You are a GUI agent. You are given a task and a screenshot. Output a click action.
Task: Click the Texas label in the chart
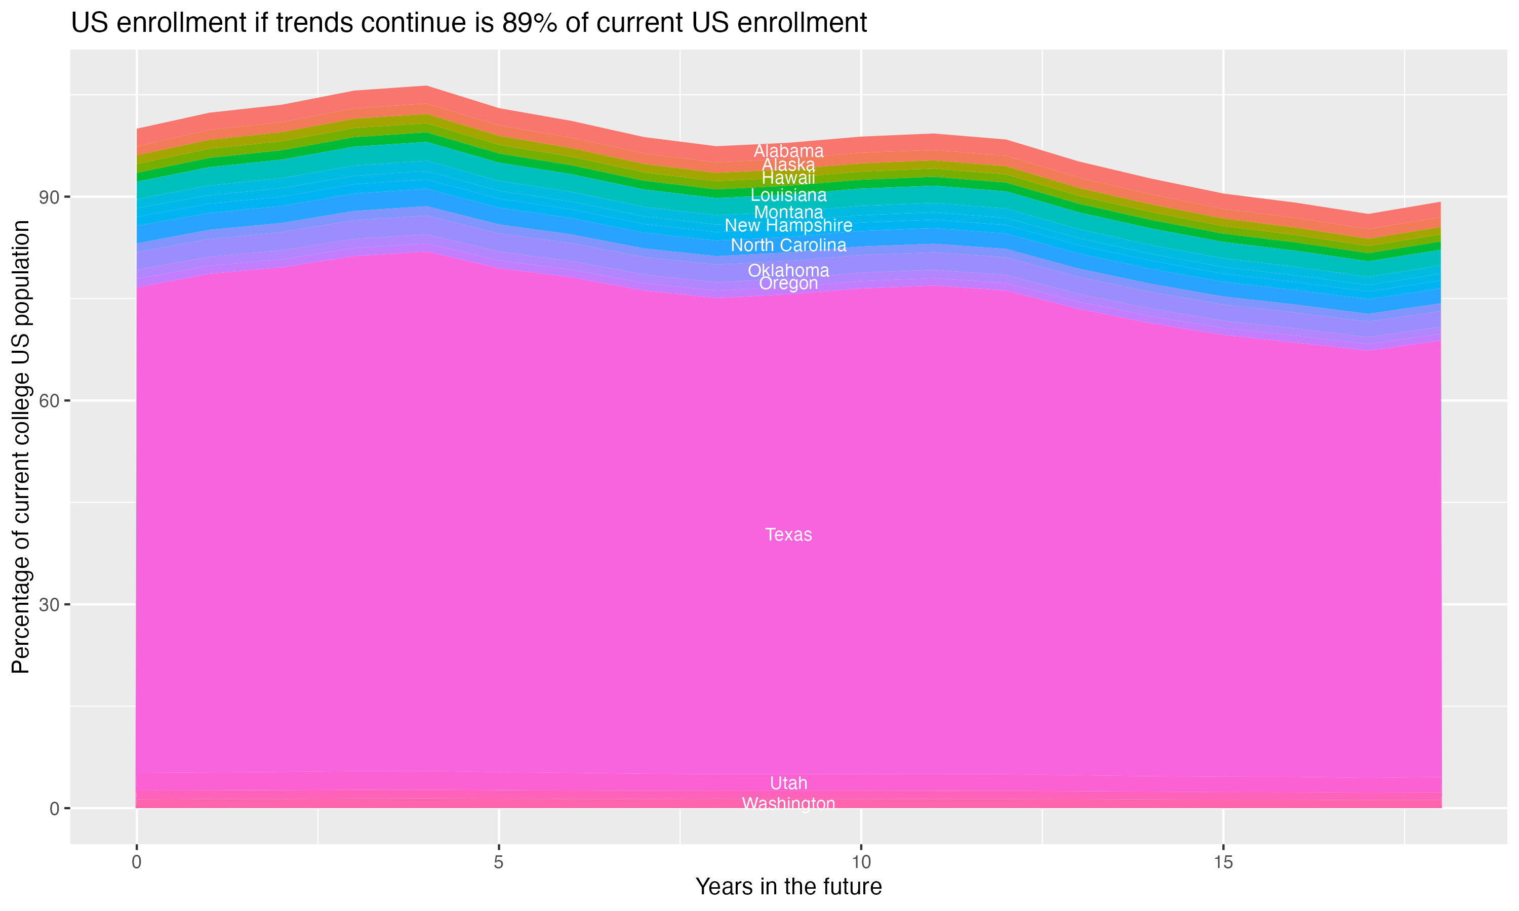(x=788, y=534)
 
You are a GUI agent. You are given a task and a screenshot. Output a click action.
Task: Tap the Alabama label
(x=788, y=151)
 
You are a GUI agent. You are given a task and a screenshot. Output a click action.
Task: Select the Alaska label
(x=788, y=164)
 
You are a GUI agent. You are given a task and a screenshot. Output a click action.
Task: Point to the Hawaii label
(x=788, y=178)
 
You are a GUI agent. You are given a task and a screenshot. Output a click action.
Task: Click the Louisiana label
(x=788, y=195)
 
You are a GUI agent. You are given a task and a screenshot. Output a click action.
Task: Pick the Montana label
(x=788, y=213)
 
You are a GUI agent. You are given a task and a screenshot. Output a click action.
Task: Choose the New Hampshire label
(x=788, y=226)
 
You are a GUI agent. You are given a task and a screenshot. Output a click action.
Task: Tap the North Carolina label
(x=788, y=245)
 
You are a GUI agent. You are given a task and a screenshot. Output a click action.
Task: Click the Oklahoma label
(x=788, y=270)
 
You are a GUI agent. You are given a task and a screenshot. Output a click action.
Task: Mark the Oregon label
(x=788, y=283)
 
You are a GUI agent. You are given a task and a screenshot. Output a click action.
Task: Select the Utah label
(x=788, y=783)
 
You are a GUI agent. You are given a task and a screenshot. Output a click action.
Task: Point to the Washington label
(x=788, y=804)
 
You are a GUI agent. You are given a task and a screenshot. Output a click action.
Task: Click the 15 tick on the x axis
(x=1223, y=862)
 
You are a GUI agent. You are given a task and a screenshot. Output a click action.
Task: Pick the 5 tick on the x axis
(x=499, y=862)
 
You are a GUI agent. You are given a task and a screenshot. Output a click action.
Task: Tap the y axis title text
(x=21, y=447)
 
